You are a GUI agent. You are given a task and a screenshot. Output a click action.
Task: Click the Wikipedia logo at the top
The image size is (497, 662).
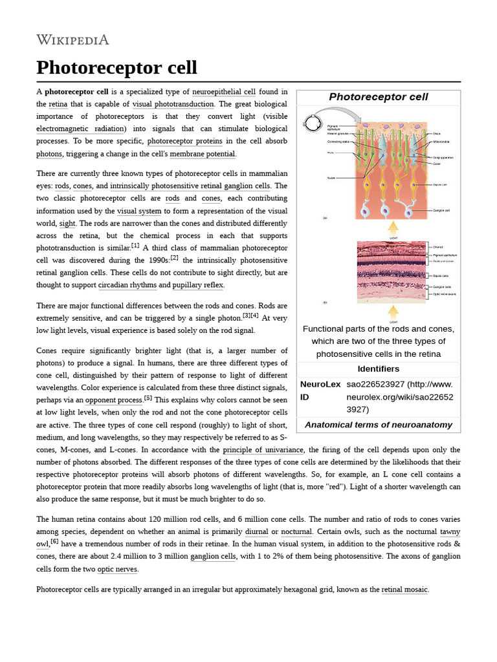click(72, 40)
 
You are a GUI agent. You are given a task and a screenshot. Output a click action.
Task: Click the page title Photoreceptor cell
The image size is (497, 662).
click(116, 68)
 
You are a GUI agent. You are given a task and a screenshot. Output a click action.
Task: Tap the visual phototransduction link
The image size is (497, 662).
click(173, 104)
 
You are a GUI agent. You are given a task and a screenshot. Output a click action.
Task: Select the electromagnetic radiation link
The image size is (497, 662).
click(80, 129)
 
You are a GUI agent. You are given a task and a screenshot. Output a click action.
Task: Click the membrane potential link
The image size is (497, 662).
click(203, 154)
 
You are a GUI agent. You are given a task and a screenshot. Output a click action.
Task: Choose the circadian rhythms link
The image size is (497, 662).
click(127, 285)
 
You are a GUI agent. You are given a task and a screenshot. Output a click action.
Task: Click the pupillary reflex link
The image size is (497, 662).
click(198, 285)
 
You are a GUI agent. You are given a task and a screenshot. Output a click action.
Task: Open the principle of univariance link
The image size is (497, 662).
click(263, 450)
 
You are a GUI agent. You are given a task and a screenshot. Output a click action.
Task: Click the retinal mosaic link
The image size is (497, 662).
click(404, 590)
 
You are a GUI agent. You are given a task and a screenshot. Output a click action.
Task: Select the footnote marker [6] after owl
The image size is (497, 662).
click(55, 542)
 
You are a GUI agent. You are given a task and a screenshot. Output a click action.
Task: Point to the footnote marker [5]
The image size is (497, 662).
click(148, 398)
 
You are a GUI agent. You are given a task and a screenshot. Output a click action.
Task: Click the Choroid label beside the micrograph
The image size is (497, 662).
click(438, 247)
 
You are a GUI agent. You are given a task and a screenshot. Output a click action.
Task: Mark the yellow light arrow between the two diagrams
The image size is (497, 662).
click(393, 229)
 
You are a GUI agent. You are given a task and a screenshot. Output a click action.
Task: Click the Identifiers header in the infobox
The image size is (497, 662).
click(379, 368)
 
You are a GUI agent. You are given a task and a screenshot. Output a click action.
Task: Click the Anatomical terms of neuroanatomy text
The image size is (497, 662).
click(379, 425)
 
